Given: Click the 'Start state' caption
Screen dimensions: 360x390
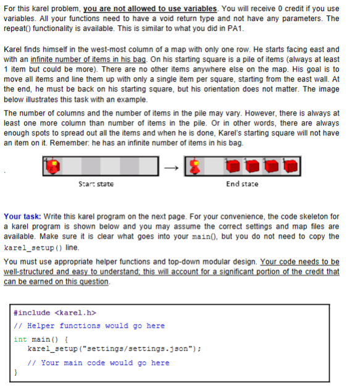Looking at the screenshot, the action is pyautogui.click(x=96, y=184).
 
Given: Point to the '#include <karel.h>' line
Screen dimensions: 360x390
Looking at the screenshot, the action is pyautogui.click(x=54, y=313).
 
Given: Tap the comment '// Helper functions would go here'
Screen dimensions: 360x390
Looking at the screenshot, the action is pyautogui.click(x=90, y=326).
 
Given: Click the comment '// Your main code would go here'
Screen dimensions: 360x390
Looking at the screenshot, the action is pyautogui.click(x=99, y=363).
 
